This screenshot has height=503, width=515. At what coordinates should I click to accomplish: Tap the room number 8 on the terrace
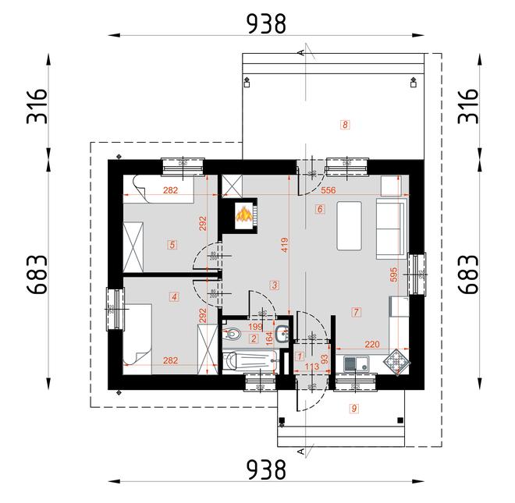[x=344, y=123]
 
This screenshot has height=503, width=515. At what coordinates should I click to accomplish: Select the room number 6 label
[x=320, y=209]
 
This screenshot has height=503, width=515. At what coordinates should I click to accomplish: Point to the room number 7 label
[x=355, y=312]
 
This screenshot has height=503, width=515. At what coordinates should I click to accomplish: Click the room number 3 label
[x=274, y=284]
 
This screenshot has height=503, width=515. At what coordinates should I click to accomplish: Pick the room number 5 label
[x=172, y=244]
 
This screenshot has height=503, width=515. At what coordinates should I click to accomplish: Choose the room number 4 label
[x=174, y=296]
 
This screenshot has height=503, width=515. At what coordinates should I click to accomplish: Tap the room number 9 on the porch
[x=353, y=408]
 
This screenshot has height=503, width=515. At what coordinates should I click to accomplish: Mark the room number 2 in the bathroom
[x=254, y=338]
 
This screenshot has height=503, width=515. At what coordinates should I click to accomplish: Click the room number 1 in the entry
[x=300, y=356]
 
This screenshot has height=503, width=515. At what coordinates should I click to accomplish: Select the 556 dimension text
[x=329, y=190]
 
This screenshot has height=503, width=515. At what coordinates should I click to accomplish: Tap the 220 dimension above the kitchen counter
[x=371, y=343]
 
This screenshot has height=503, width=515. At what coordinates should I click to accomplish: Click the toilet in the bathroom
[x=233, y=335]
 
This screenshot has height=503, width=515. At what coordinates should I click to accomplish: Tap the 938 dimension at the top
[x=266, y=24]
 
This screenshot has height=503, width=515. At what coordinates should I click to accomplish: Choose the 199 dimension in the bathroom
[x=256, y=326]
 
